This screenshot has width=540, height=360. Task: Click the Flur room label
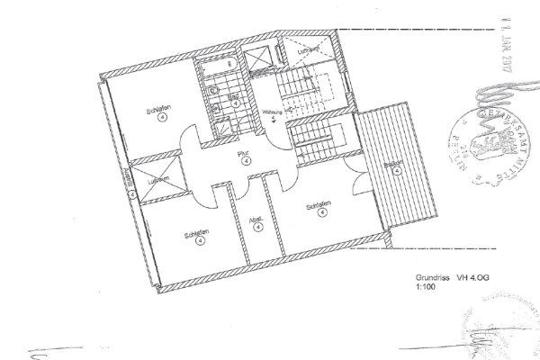tap(242, 154)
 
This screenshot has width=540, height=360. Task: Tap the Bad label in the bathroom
tap(232, 94)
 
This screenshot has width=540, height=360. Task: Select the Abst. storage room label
tap(257, 218)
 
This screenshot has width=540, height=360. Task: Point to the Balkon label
tap(391, 165)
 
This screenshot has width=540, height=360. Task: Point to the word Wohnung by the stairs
tap(272, 112)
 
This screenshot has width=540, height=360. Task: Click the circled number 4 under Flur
tap(246, 162)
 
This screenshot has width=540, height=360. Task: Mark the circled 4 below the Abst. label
tap(258, 228)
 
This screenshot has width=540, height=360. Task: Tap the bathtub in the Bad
tap(217, 66)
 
